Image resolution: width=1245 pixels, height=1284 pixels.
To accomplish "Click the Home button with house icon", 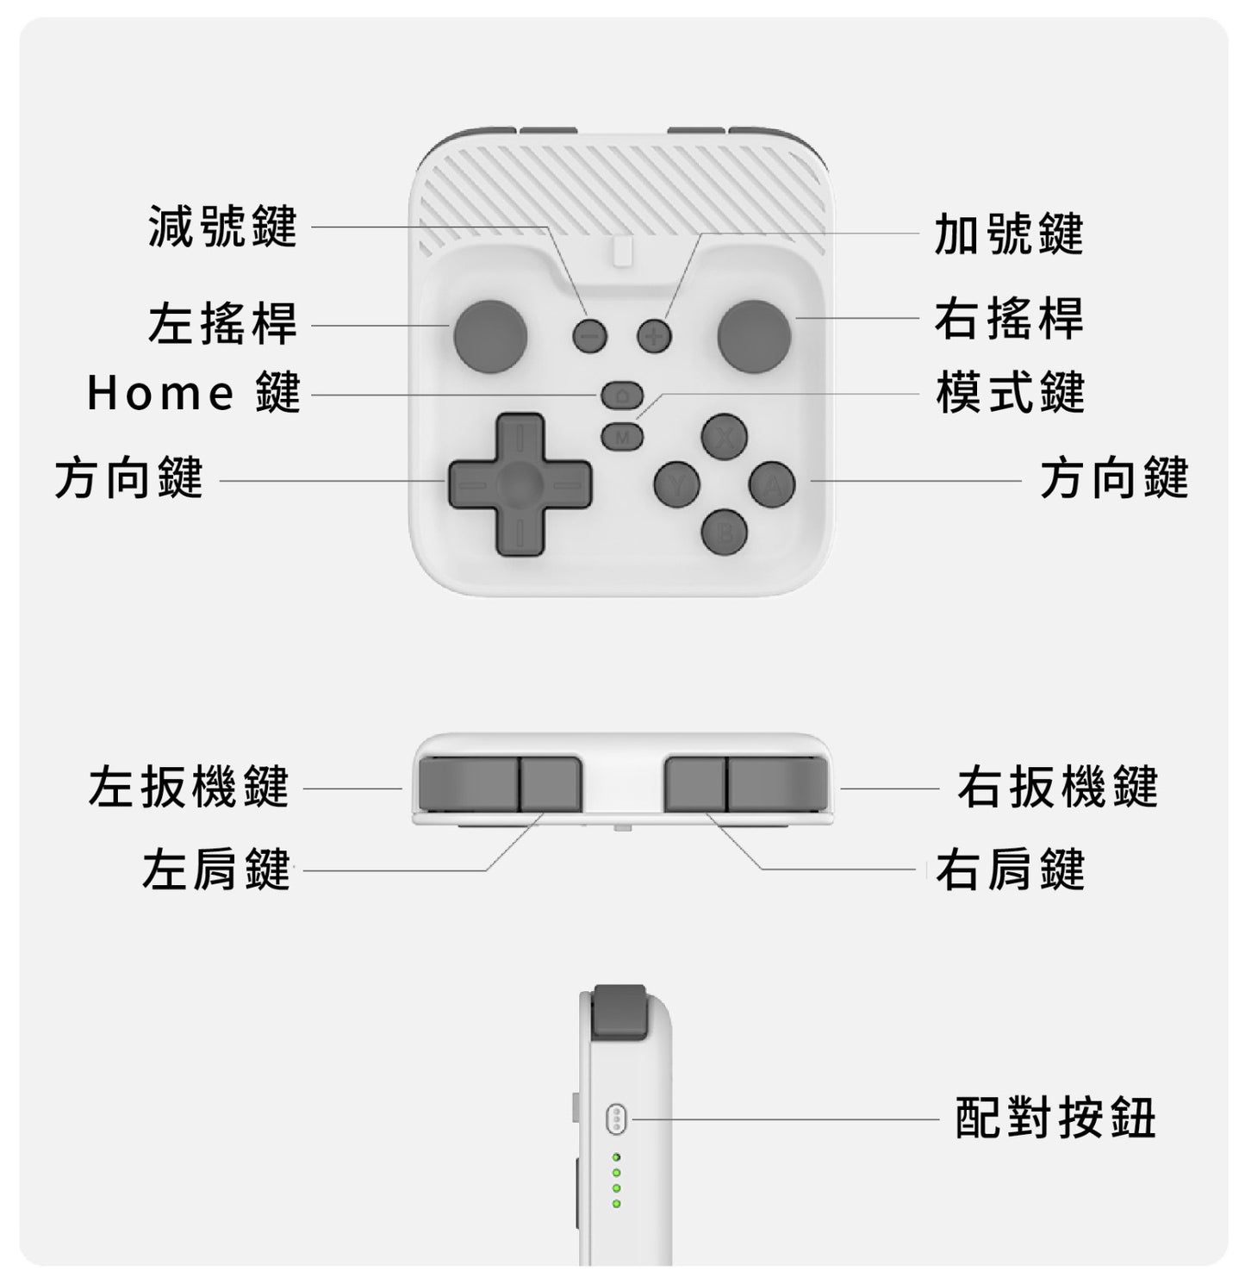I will pos(622,395).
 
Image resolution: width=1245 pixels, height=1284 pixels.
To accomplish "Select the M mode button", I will pos(622,436).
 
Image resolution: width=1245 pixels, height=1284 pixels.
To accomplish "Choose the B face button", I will pos(725,532).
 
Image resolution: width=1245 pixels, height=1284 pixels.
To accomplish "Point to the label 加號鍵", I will pos(1009,234).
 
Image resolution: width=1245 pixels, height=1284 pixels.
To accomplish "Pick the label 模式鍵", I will pos(1010,393).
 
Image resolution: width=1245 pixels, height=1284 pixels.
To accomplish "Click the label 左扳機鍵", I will pos(189,787).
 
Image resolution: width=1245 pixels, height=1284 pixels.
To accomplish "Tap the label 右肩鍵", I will pos(1010,869).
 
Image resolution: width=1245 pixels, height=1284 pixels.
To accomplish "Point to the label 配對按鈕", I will pos(1055,1119).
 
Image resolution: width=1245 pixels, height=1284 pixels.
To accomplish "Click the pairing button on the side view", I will pos(616,1119).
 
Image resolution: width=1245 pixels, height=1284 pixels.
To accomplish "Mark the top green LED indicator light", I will pos(616,1156).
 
